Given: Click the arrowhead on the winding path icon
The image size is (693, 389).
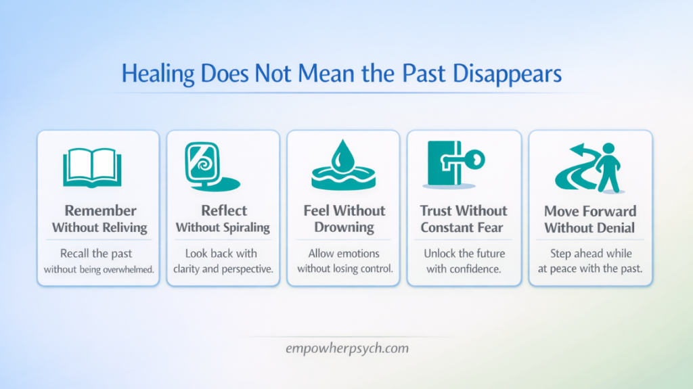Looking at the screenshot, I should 575,151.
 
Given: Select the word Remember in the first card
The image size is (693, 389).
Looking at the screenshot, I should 100,210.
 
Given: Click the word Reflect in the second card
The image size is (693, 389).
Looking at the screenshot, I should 224,210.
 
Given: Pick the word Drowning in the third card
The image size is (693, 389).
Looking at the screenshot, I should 344,227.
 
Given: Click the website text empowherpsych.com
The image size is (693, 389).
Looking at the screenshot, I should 346,349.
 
